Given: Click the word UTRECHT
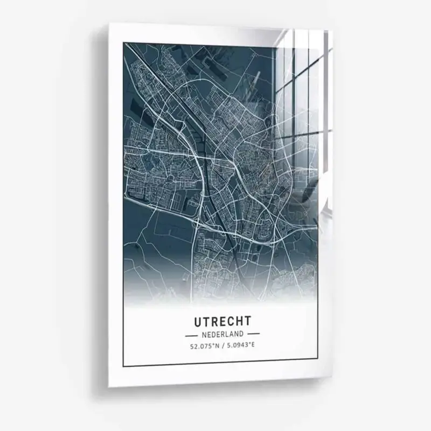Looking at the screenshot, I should [x=221, y=322].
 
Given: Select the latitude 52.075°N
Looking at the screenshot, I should [x=204, y=345].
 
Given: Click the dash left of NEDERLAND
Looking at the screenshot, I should [x=191, y=335].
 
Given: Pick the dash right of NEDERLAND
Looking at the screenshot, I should [x=252, y=335].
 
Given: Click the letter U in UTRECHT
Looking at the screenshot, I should [x=197, y=322].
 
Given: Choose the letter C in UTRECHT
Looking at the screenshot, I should [x=230, y=322].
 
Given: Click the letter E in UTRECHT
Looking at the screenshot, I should [x=222, y=322].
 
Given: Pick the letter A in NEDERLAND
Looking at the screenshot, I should [x=232, y=334].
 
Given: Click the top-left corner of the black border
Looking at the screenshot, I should [x=123, y=42].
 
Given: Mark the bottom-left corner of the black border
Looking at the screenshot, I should [x=123, y=366].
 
